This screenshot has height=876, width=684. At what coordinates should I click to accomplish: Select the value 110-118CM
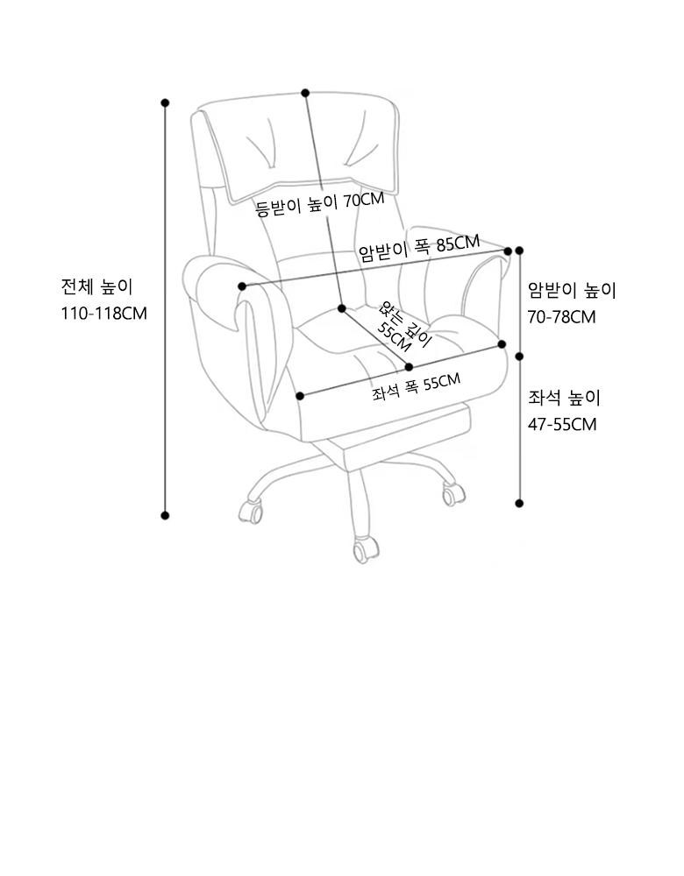(x=104, y=313)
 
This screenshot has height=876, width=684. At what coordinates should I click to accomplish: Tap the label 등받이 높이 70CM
(x=319, y=204)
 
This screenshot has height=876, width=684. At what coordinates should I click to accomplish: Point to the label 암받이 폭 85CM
(x=419, y=248)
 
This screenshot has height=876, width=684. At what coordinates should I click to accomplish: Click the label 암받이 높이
(x=572, y=290)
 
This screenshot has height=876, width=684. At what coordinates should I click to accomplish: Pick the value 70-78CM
(x=562, y=316)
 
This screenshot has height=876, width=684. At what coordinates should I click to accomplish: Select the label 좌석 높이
(x=564, y=399)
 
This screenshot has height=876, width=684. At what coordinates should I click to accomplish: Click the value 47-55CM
(x=562, y=424)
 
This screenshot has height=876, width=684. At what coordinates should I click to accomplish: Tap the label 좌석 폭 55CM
(x=416, y=386)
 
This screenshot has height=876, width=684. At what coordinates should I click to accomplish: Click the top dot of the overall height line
(x=165, y=102)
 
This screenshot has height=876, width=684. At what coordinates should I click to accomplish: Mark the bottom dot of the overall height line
(x=165, y=515)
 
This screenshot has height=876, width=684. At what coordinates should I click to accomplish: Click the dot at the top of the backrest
(x=305, y=93)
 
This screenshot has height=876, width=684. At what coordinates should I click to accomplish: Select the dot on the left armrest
(x=242, y=286)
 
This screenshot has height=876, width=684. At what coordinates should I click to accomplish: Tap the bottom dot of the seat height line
(x=519, y=503)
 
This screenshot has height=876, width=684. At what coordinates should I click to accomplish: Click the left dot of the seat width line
(x=302, y=396)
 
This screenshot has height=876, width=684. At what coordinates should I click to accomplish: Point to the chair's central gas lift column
(x=358, y=491)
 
